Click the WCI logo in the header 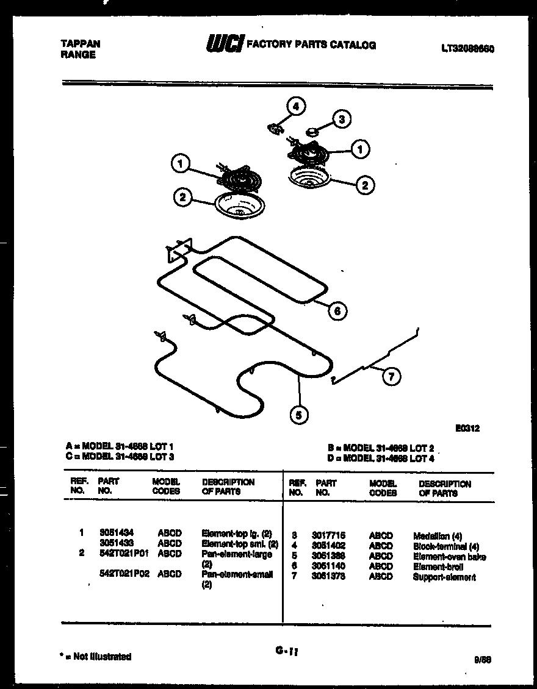tap(225, 44)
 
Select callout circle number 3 tap(341, 120)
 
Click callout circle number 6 tap(337, 311)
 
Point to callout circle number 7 tap(391, 377)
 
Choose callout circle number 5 tap(298, 416)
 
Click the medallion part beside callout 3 tap(312, 130)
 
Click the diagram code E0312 tap(467, 428)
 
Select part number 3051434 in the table tap(117, 533)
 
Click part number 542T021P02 tap(124, 574)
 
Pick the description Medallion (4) tap(438, 537)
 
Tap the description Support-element tap(444, 577)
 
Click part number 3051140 tap(328, 566)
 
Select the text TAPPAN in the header tap(81, 44)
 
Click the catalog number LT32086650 tap(467, 49)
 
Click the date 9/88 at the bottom tap(482, 659)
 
